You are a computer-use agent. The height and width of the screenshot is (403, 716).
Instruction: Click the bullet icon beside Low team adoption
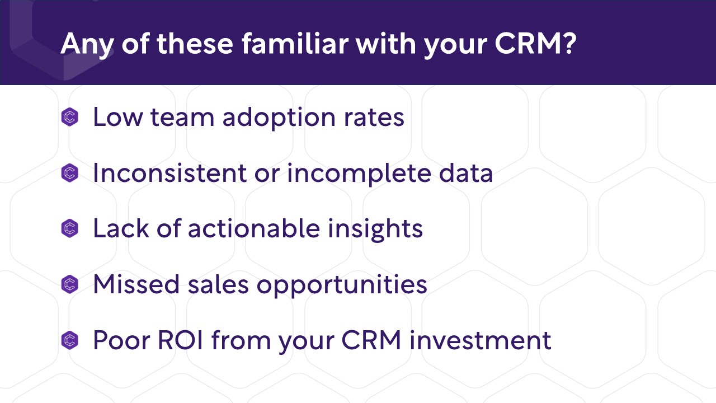[70, 118]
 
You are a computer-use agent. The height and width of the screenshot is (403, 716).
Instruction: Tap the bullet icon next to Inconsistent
[70, 174]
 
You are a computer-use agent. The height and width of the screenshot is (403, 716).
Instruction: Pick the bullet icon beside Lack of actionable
[70, 229]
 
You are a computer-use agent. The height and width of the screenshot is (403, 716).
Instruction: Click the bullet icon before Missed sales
[70, 284]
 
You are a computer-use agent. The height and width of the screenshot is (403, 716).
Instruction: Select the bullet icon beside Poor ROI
[70, 340]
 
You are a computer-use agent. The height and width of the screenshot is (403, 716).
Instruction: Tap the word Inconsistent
[169, 174]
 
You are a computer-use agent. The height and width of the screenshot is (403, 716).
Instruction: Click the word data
[467, 174]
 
